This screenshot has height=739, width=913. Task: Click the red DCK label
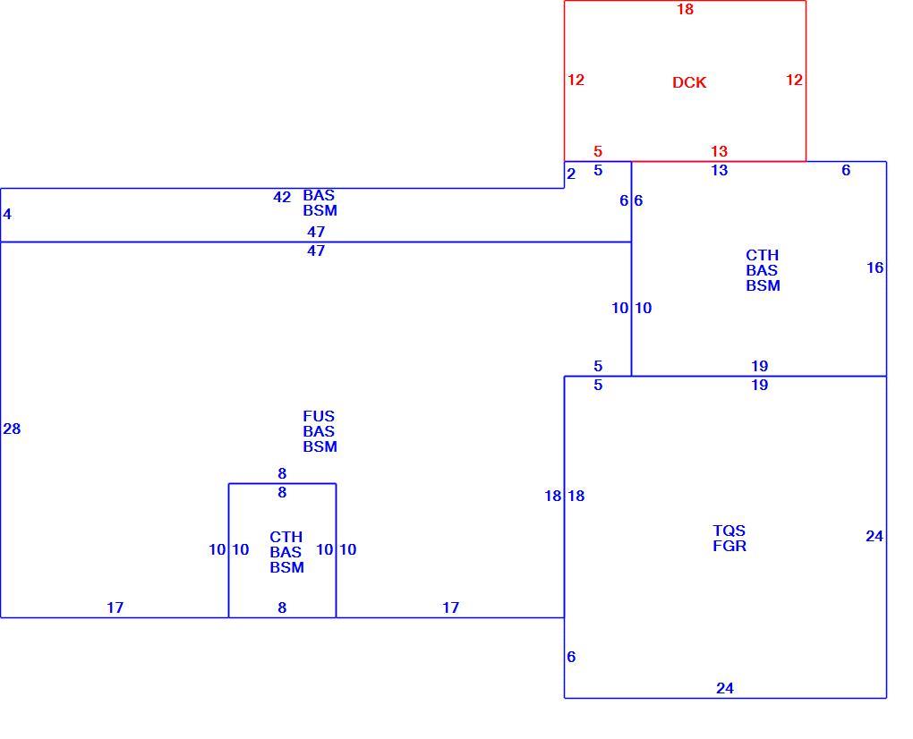pyautogui.click(x=689, y=82)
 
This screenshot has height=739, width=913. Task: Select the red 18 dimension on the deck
pyautogui.click(x=685, y=9)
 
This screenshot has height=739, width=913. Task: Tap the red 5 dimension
pyautogui.click(x=597, y=151)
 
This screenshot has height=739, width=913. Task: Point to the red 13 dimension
pyautogui.click(x=719, y=151)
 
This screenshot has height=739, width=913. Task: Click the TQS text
pyautogui.click(x=729, y=531)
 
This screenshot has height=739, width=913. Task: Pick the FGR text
pyautogui.click(x=729, y=546)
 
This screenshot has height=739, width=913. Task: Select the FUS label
pyautogui.click(x=319, y=416)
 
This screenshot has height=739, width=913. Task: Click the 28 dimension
pyautogui.click(x=12, y=429)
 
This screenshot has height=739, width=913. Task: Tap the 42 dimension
pyautogui.click(x=282, y=197)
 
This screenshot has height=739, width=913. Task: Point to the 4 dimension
pyautogui.click(x=7, y=214)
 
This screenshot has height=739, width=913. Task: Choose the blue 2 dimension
pyautogui.click(x=571, y=174)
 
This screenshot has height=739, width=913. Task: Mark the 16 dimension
pyautogui.click(x=875, y=268)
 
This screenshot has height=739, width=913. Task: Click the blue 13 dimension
pyautogui.click(x=719, y=170)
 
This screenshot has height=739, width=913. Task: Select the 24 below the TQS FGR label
pyautogui.click(x=724, y=688)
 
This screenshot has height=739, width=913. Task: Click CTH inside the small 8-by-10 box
pyautogui.click(x=286, y=537)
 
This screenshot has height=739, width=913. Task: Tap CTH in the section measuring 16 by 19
pyautogui.click(x=763, y=256)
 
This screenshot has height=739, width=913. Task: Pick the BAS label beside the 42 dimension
pyautogui.click(x=319, y=195)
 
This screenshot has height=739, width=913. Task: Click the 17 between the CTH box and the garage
pyautogui.click(x=450, y=607)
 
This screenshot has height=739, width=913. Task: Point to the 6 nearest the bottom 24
pyautogui.click(x=571, y=657)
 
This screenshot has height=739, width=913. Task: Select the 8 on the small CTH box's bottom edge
pyautogui.click(x=282, y=607)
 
